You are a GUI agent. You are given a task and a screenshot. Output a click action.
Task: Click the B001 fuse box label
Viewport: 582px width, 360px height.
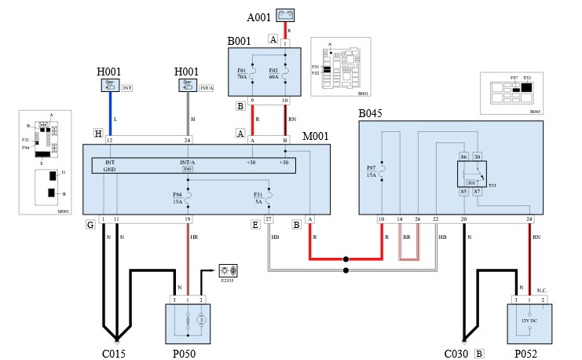point(238,40)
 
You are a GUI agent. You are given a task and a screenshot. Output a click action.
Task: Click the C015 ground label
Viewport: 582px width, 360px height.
point(115,354)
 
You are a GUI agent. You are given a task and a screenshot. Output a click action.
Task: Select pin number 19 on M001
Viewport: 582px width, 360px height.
point(188,218)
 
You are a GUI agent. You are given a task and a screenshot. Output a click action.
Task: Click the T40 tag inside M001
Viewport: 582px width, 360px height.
point(188,168)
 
